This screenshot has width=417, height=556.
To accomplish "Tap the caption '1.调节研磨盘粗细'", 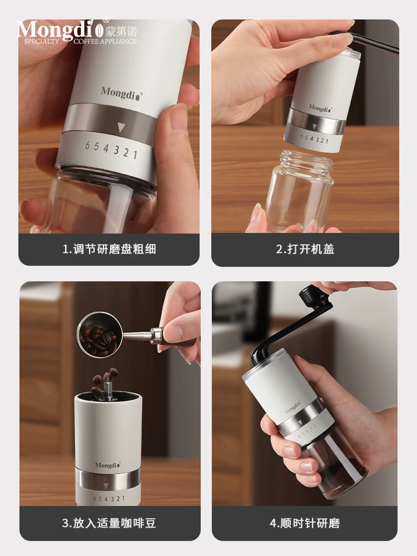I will tap(109, 249).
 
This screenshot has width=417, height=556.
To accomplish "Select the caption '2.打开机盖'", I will tap(305, 249).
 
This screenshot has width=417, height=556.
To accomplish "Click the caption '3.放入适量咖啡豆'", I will tap(109, 523).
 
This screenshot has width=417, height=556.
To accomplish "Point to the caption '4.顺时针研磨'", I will tap(305, 523).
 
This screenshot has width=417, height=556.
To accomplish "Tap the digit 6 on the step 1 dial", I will tap(87, 146).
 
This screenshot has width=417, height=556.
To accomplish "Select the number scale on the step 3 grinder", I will tap(109, 499).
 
